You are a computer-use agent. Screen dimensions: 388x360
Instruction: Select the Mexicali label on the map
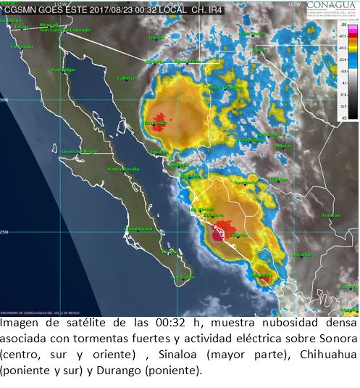(x=49, y=25)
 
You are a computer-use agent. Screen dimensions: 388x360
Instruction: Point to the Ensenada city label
(x=22, y=46)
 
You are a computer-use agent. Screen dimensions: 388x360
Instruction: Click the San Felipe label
(x=63, y=70)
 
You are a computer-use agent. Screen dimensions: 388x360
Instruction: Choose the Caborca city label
(x=127, y=78)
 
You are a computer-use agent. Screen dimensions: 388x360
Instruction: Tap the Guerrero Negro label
(x=79, y=151)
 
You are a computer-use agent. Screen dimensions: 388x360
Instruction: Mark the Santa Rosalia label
(x=123, y=169)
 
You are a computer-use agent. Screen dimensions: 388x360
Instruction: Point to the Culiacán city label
(x=238, y=235)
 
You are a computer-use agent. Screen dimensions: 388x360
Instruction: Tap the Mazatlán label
(x=261, y=276)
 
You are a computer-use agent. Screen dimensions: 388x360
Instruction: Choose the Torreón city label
(x=331, y=215)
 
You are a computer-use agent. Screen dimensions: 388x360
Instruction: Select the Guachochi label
(x=245, y=183)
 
